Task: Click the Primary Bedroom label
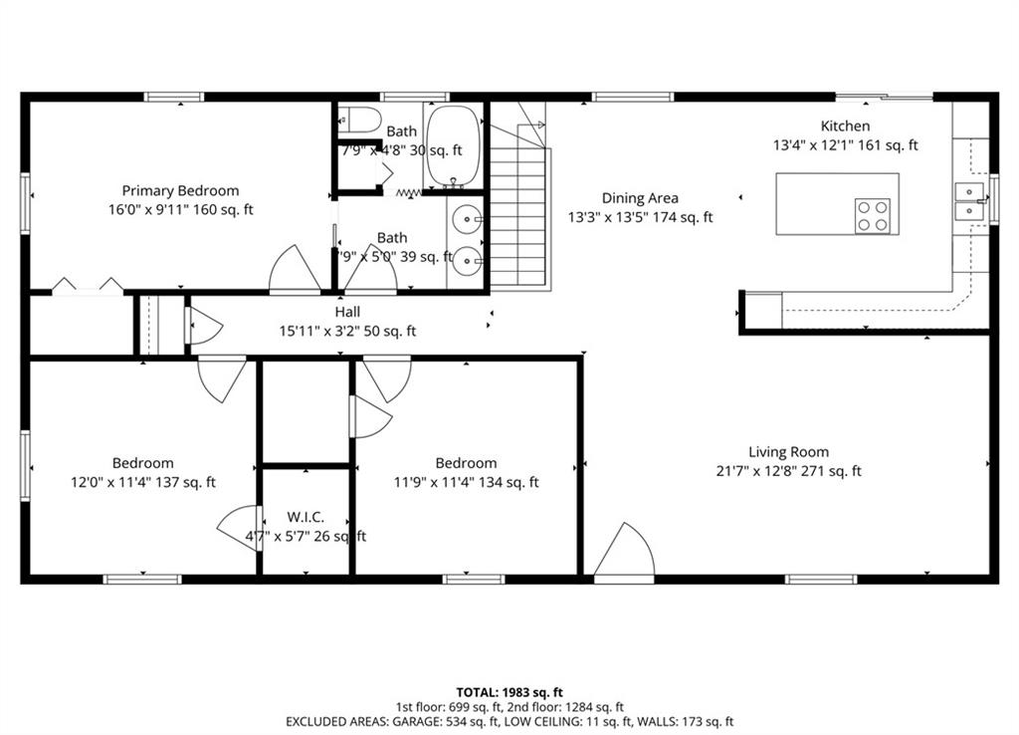click(180, 190)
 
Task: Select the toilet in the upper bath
click(359, 122)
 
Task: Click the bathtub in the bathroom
click(453, 145)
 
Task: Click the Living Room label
click(788, 451)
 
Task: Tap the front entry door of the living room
click(624, 554)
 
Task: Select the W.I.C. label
click(305, 518)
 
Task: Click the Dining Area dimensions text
click(640, 217)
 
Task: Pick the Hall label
click(347, 312)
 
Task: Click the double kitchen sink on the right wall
click(968, 201)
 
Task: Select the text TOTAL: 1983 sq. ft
click(509, 691)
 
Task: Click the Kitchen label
click(845, 125)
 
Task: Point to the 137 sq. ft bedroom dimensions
click(142, 482)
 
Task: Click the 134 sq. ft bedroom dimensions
click(466, 482)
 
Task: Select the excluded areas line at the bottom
click(509, 721)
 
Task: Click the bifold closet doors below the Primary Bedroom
click(88, 287)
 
